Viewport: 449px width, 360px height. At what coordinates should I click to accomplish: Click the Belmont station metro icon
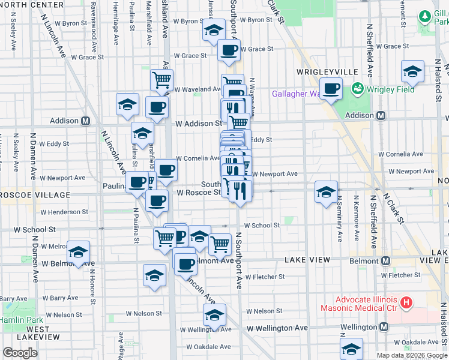click(385, 261)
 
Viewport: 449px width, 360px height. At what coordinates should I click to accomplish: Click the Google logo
click(20, 353)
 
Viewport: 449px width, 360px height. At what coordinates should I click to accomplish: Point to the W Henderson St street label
click(64, 212)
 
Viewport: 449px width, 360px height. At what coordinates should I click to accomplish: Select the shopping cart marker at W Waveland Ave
click(161, 79)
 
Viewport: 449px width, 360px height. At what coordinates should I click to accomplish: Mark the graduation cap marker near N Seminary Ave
click(326, 191)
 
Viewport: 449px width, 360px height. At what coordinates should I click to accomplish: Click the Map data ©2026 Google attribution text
click(411, 355)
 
